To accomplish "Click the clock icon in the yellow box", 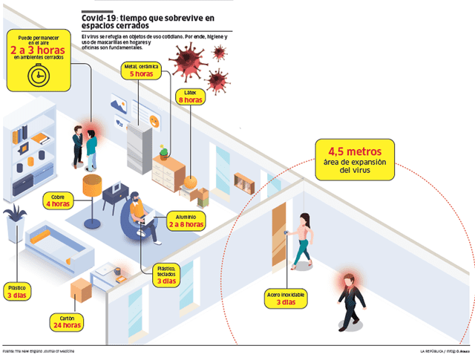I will click(x=34, y=75).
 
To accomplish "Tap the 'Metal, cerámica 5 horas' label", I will click(x=142, y=71).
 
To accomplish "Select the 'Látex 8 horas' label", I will click(x=191, y=96).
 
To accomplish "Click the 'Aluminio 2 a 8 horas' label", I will click(x=186, y=220).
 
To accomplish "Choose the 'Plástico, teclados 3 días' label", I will click(x=166, y=275).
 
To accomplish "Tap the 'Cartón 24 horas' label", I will click(x=66, y=321).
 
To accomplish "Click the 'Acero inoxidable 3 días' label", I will click(x=286, y=298).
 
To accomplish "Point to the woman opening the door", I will click(x=302, y=239).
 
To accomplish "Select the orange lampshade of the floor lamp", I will click(x=92, y=185).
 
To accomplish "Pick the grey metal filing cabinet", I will click(x=138, y=149).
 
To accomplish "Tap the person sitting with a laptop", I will click(x=140, y=215).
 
